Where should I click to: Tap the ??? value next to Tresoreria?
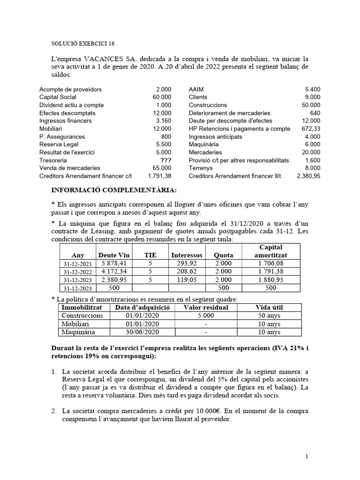point(165,160)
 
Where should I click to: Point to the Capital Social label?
point(58,97)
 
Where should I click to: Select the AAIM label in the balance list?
point(196,89)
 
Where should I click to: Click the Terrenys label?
point(201,168)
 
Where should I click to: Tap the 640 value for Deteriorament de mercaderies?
point(315,113)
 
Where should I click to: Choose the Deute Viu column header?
point(113,255)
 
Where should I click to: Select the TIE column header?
point(150,255)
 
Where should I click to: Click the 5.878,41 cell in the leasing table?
point(113,263)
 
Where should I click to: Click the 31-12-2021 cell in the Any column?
point(78,264)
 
